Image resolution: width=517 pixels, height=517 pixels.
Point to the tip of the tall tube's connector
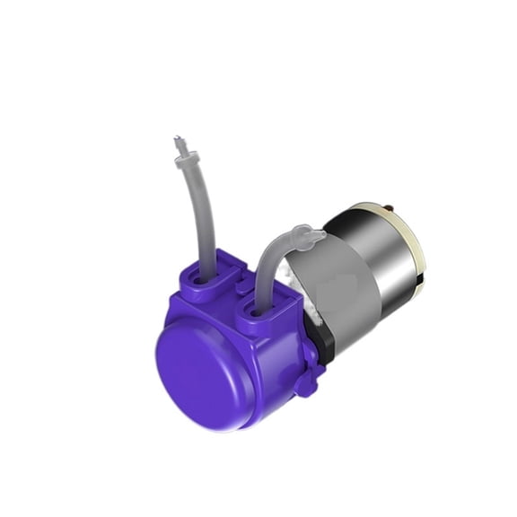(x=178, y=140)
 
